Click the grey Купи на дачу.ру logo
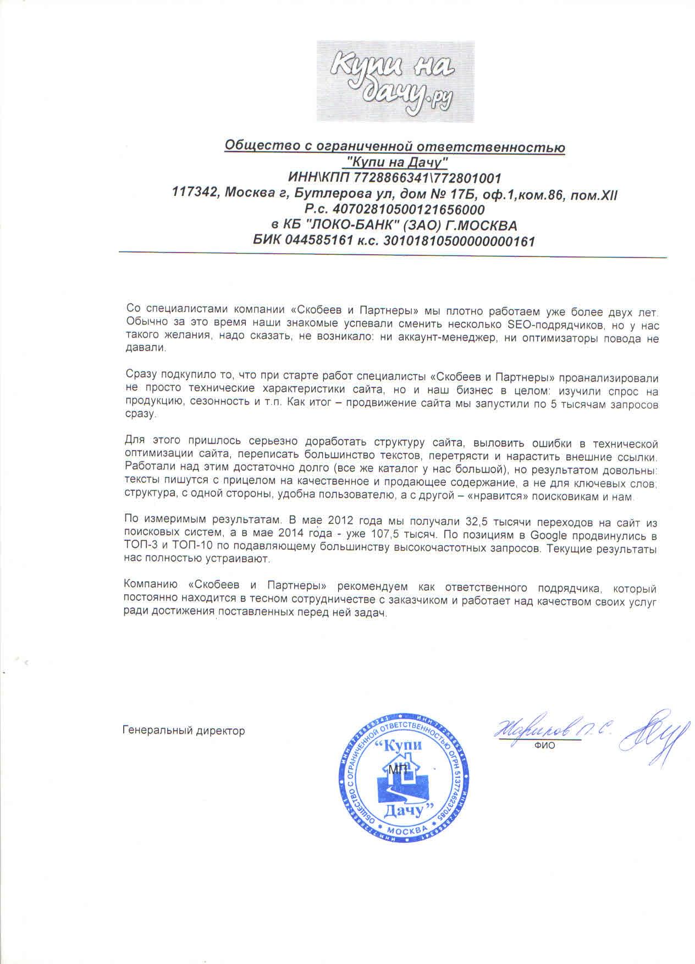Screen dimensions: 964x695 pyautogui.click(x=395, y=81)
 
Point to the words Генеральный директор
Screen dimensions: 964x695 pyautogui.click(x=184, y=731)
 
